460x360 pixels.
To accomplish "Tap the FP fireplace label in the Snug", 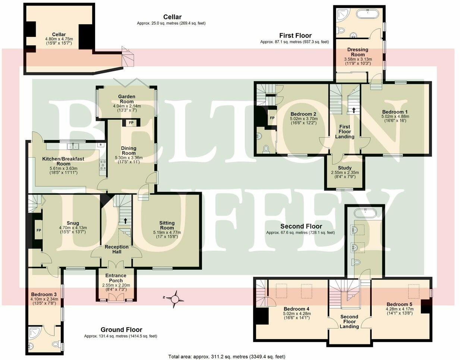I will click(38, 231).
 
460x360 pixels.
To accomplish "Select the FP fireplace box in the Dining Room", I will click(130, 122).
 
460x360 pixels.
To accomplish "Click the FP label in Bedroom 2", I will click(272, 118).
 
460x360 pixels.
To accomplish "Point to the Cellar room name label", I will click(59, 34).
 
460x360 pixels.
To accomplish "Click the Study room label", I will click(344, 168).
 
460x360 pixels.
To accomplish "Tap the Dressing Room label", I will click(357, 52).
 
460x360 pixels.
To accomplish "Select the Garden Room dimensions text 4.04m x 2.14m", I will click(127, 106).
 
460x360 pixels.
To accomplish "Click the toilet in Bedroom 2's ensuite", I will click(266, 149).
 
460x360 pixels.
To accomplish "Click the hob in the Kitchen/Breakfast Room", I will click(103, 165).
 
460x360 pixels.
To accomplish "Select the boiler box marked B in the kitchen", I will click(100, 144).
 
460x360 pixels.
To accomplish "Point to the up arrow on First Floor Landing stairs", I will click(353, 110).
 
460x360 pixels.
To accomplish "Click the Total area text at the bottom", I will click(227, 356).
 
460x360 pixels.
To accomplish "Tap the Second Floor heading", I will click(301, 226).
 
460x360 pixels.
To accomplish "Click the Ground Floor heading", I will click(121, 329).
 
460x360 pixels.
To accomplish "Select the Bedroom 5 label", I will click(400, 304).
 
